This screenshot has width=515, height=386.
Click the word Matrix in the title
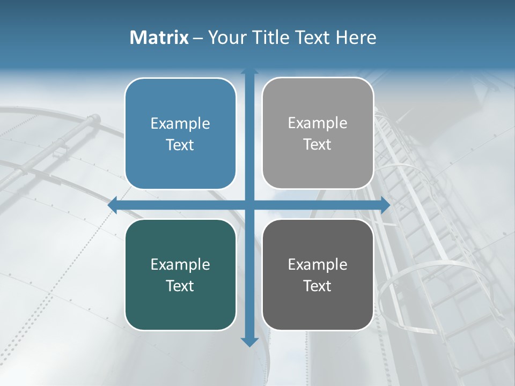[159, 38]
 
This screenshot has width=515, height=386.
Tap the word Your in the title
[227, 38]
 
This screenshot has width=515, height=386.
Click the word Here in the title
[356, 38]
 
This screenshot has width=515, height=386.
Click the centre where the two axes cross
[249, 205]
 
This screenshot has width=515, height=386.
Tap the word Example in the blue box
[180, 124]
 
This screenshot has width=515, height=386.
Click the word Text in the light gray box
[318, 145]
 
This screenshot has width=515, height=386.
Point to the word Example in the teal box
[180, 265]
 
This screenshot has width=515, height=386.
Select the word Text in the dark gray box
[318, 286]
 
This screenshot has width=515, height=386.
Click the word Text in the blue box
[180, 145]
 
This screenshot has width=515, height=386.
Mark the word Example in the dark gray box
[318, 265]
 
